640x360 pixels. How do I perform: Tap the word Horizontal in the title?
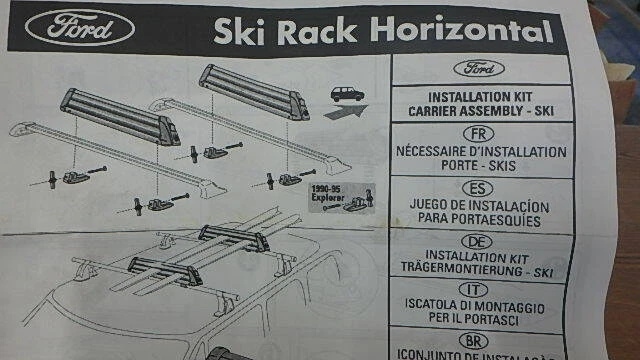pyautogui.click(x=461, y=32)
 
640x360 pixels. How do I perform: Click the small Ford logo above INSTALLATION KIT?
pyautogui.click(x=485, y=69)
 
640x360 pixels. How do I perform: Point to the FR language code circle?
pyautogui.click(x=484, y=133)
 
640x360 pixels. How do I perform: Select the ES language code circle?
pyautogui.click(x=485, y=188)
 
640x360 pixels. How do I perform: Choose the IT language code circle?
pyautogui.click(x=484, y=295)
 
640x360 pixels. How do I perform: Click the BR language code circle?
pyautogui.click(x=484, y=343)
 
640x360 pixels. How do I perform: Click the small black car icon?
pyautogui.click(x=346, y=94)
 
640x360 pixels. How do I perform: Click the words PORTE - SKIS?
pyautogui.click(x=485, y=166)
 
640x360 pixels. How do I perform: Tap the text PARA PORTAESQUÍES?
pyautogui.click(x=483, y=220)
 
